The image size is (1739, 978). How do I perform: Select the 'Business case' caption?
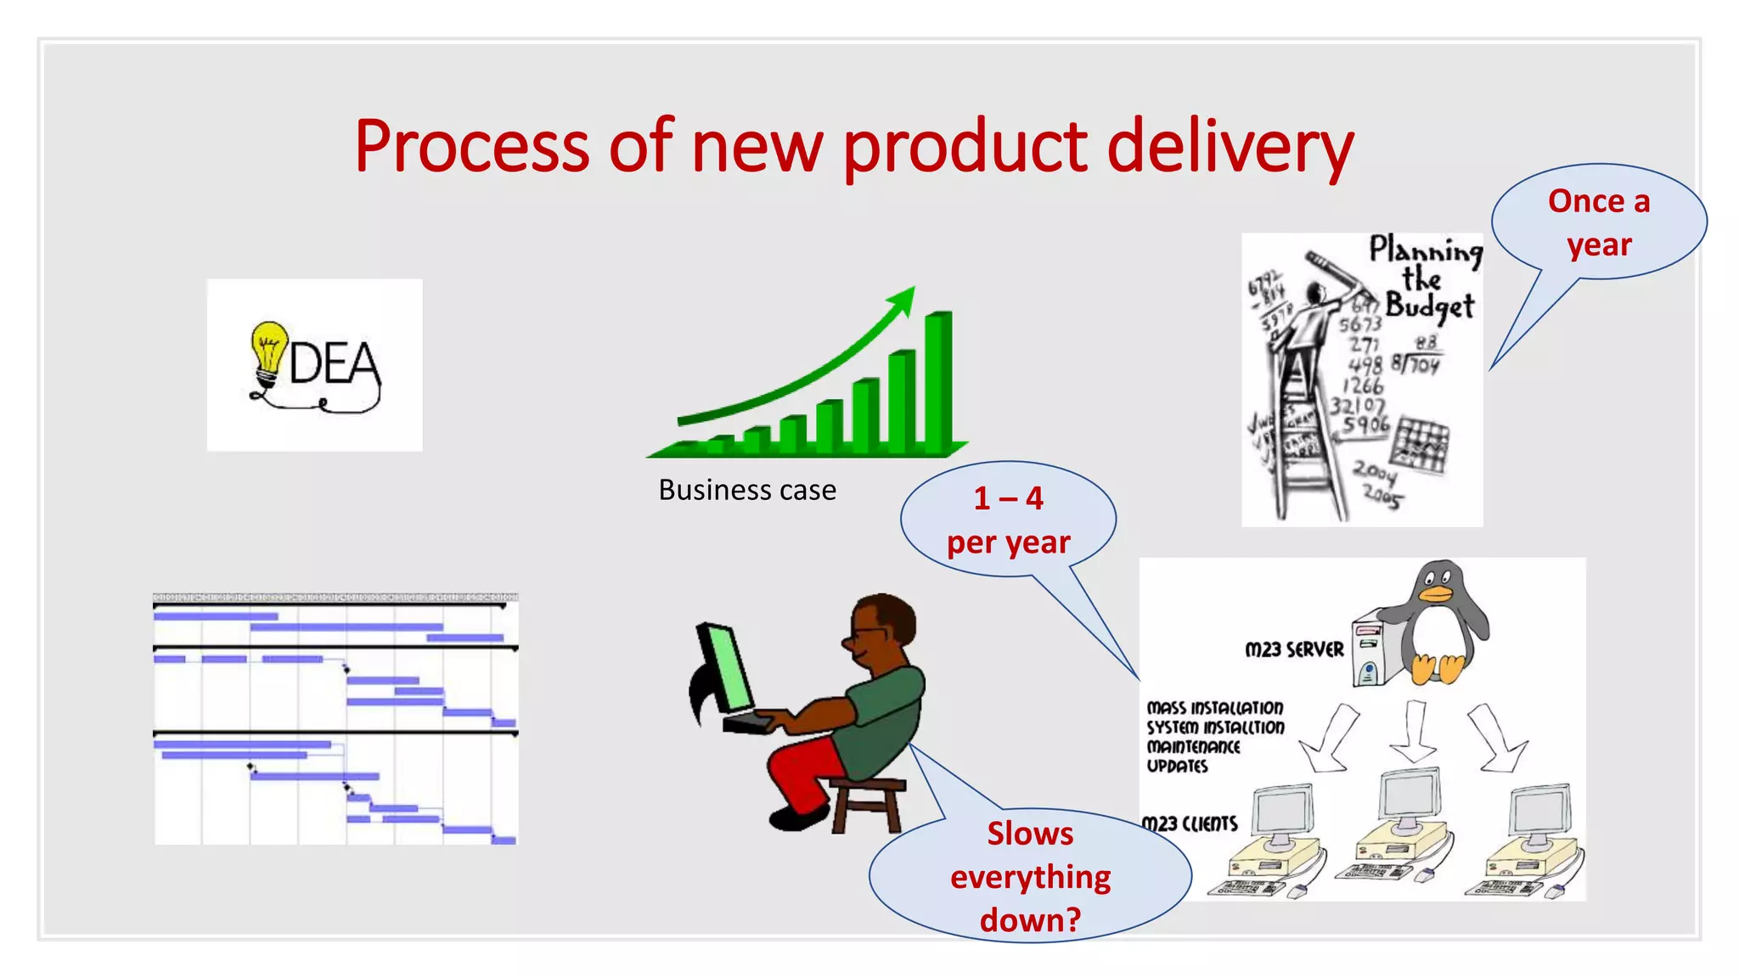[747, 491]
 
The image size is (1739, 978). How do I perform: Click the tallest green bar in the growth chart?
[937, 382]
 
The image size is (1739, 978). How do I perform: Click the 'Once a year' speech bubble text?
[1599, 223]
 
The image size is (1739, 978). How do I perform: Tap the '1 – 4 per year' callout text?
[1008, 520]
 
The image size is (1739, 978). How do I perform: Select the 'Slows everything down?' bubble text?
[1030, 877]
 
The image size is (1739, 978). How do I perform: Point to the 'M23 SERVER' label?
[1294, 650]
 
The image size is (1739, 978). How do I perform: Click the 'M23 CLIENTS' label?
[1190, 824]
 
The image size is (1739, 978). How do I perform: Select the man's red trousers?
[802, 768]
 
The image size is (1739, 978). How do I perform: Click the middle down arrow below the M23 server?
[1413, 731]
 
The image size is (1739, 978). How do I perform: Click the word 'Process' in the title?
[471, 146]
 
